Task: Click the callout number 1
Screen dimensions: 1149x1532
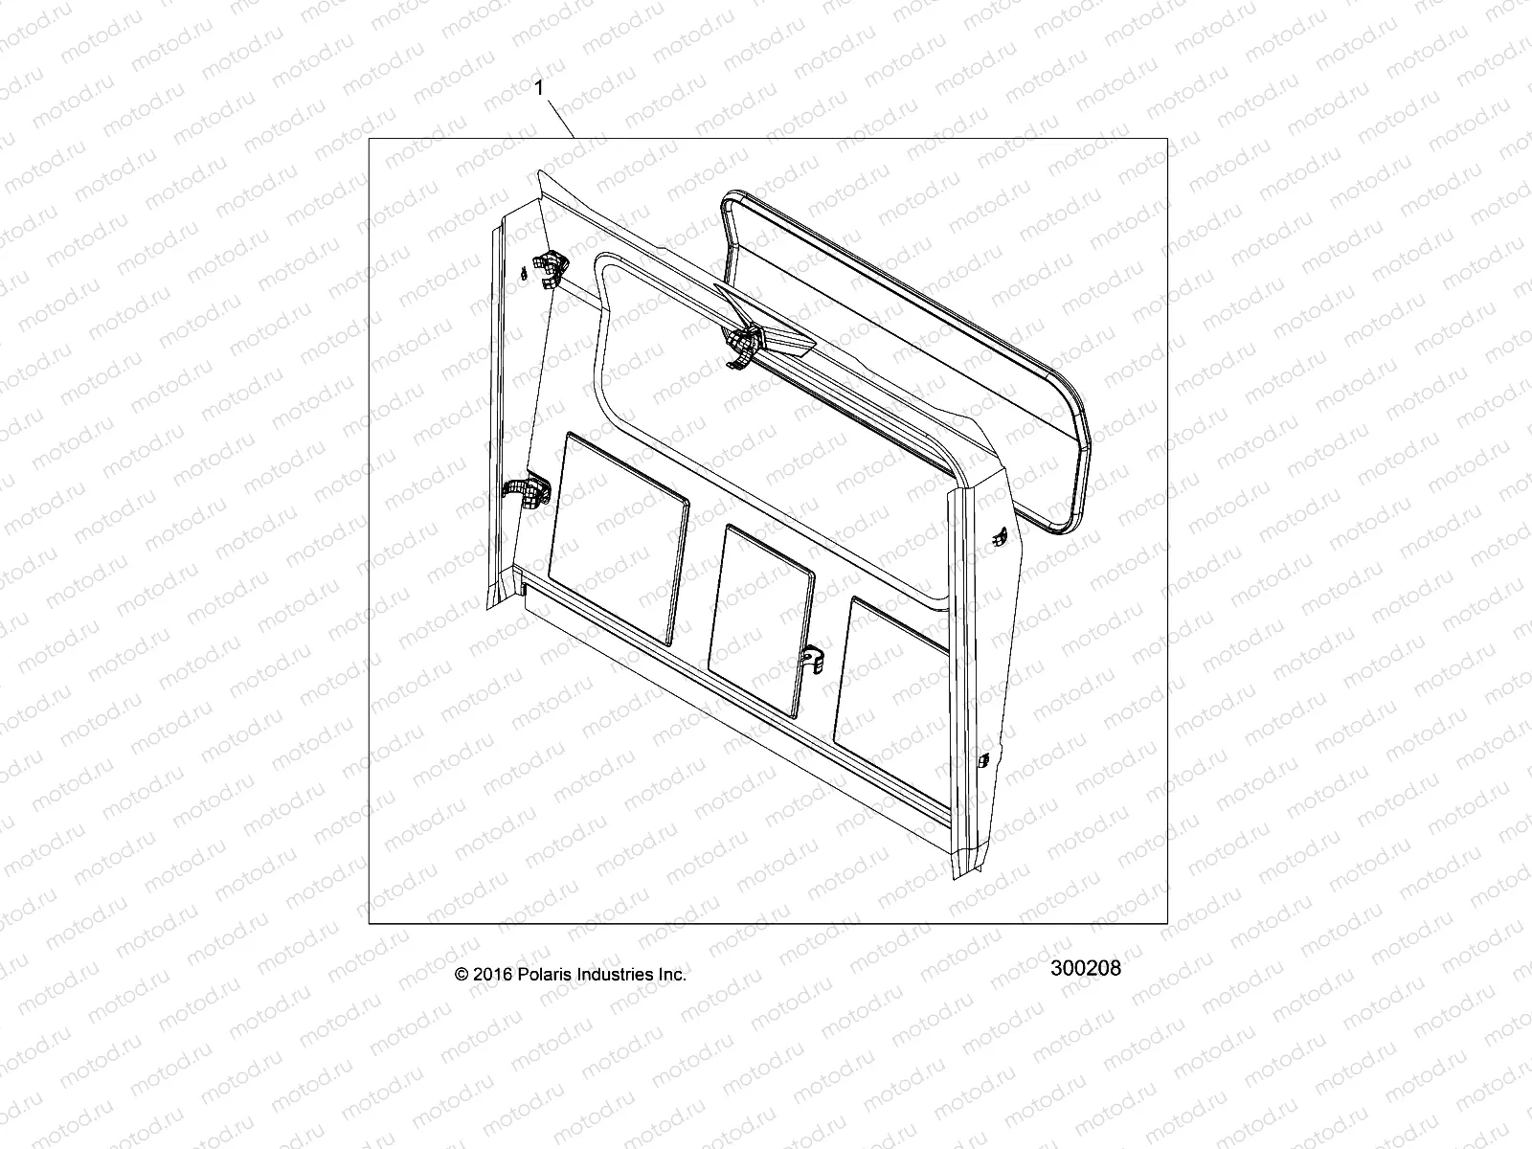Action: (x=539, y=88)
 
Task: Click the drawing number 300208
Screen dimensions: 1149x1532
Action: (x=1085, y=968)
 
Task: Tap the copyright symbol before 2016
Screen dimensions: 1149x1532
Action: (x=462, y=975)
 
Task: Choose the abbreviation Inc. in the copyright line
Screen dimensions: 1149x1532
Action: (x=672, y=975)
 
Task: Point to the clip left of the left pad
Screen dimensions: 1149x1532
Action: (x=524, y=490)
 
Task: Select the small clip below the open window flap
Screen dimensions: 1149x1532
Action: (x=999, y=536)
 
